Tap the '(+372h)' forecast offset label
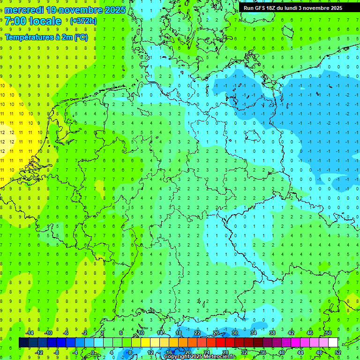pos(83,21)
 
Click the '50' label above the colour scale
pos(328,333)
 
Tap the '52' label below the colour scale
pos(338,352)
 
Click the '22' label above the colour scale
pos(197,333)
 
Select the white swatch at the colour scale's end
pos(333,343)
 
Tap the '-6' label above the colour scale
pos(66,333)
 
